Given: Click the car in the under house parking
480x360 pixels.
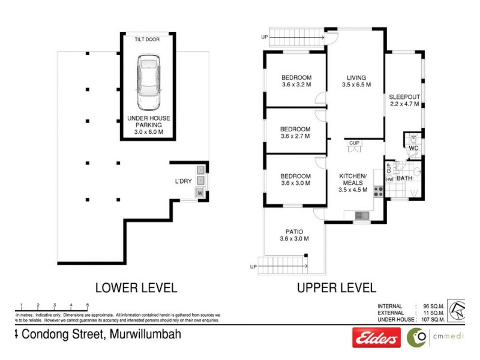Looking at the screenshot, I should click(148, 82).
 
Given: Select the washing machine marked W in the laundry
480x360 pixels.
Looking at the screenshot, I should click(200, 193).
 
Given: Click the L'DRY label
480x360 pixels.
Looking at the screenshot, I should click(183, 181).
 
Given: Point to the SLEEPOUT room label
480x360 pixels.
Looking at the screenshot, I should click(404, 97).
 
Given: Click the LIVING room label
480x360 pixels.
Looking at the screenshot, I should click(356, 77).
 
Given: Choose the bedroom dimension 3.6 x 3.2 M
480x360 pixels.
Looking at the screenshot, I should click(296, 85).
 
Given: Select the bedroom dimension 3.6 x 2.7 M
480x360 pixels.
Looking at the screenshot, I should click(295, 136).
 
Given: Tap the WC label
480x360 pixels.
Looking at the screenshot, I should click(413, 148).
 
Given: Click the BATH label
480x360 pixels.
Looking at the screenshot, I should click(404, 178).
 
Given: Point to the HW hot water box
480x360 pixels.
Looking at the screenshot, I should click(389, 179).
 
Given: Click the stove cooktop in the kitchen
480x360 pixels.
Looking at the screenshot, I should click(379, 191).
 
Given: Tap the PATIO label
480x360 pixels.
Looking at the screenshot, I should click(294, 231).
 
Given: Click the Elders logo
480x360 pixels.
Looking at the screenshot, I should click(376, 339).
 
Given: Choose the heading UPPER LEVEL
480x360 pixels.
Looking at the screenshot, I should click(337, 288).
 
